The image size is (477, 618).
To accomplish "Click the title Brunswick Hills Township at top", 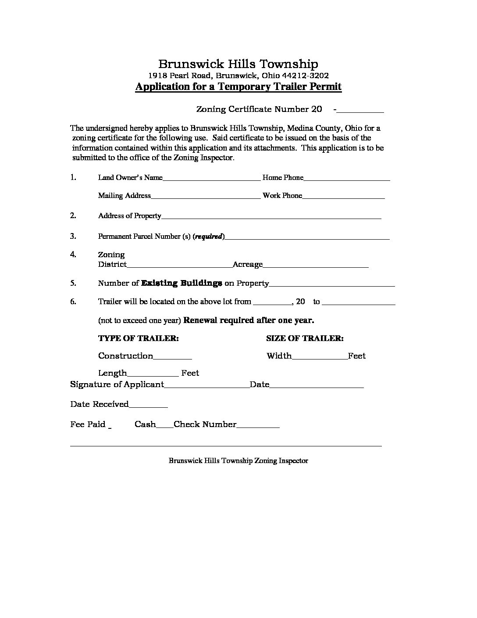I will pyautogui.click(x=238, y=64).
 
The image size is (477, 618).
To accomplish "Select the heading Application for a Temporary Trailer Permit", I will pyautogui.click(x=238, y=86).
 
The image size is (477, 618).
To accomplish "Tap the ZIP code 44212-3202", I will pyautogui.click(x=307, y=75).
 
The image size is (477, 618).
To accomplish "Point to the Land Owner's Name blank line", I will pyautogui.click(x=211, y=178).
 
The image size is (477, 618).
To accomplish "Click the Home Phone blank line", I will pyautogui.click(x=346, y=178).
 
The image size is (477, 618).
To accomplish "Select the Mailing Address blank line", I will pyautogui.click(x=206, y=196).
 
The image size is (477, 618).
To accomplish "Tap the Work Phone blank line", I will pyautogui.click(x=343, y=196).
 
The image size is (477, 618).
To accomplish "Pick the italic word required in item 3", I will pyautogui.click(x=209, y=237).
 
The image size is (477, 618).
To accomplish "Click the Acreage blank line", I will pyautogui.click(x=315, y=265).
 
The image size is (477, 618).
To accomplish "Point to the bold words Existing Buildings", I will pyautogui.click(x=182, y=283).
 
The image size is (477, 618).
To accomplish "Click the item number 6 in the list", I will pyautogui.click(x=73, y=302).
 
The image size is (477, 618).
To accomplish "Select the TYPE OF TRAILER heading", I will pyautogui.click(x=138, y=338).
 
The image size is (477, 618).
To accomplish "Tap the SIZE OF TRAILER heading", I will pyautogui.click(x=305, y=338).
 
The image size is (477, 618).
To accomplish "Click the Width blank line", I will pyautogui.click(x=319, y=356).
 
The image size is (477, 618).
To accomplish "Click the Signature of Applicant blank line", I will pyautogui.click(x=206, y=385).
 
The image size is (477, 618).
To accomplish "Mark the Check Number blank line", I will pyautogui.click(x=258, y=425).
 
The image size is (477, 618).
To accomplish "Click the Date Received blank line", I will pyautogui.click(x=148, y=405).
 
